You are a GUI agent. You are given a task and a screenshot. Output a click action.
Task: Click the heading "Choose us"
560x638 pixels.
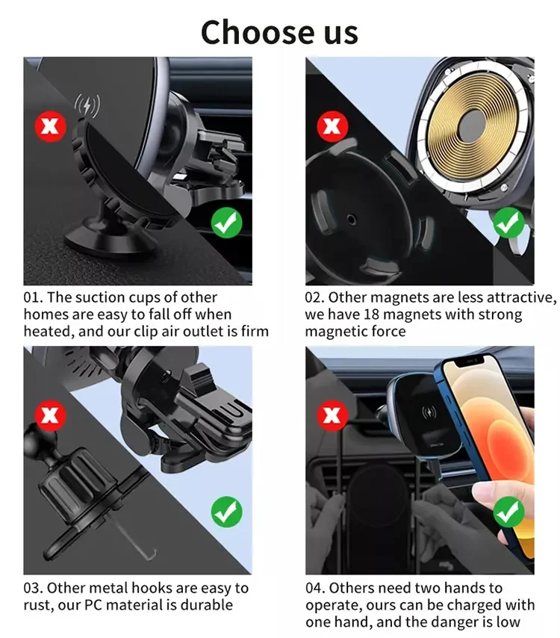[x=279, y=32]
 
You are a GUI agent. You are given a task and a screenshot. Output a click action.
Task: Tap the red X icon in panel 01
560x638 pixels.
[x=51, y=128]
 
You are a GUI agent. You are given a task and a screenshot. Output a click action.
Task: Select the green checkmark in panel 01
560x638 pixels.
[x=225, y=222]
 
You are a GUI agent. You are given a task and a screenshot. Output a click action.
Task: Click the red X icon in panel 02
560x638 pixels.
[x=332, y=128]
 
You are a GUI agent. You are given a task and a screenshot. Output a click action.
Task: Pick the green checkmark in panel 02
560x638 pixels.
[x=509, y=222]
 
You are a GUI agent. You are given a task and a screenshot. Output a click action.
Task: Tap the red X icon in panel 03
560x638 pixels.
[x=51, y=416]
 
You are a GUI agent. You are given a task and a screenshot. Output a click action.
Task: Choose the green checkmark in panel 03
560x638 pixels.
[x=225, y=512]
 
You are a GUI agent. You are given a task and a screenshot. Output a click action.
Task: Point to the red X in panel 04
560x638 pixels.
[x=332, y=415]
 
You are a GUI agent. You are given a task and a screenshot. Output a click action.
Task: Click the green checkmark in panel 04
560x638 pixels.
[x=509, y=512]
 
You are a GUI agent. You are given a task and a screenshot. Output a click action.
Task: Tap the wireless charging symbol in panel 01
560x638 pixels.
[x=87, y=105]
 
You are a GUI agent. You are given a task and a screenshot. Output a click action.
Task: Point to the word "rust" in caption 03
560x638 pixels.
[x=40, y=605]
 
